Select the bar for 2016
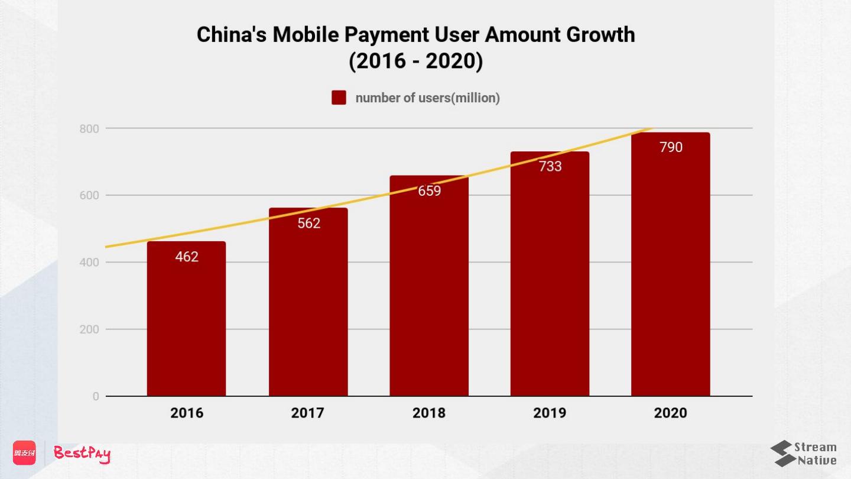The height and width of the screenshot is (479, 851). tap(186, 319)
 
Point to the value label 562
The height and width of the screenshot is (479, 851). tap(309, 223)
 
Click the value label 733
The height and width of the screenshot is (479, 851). tap(550, 166)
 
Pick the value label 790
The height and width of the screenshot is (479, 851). tap(671, 147)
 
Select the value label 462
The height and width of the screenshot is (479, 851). tap(187, 257)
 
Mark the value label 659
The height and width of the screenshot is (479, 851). tap(430, 191)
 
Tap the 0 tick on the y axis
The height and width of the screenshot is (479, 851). tap(95, 396)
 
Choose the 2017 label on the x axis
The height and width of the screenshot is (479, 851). tap(307, 413)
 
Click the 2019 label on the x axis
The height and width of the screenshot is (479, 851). tap(550, 413)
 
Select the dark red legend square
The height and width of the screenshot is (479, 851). tap(339, 98)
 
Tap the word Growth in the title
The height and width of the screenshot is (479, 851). tap(600, 35)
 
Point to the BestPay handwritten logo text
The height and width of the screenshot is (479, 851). tap(82, 454)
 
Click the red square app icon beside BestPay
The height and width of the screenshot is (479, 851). tap(24, 453)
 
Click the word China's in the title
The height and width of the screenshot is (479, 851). tap(231, 35)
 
